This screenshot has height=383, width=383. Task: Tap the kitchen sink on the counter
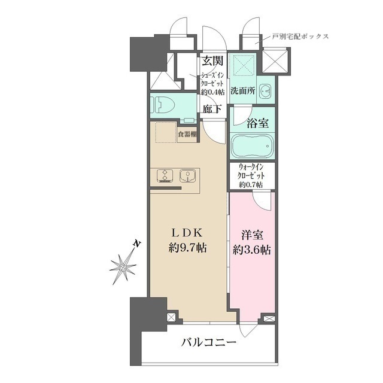187,176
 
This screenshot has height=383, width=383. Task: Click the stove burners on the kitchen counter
163,176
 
